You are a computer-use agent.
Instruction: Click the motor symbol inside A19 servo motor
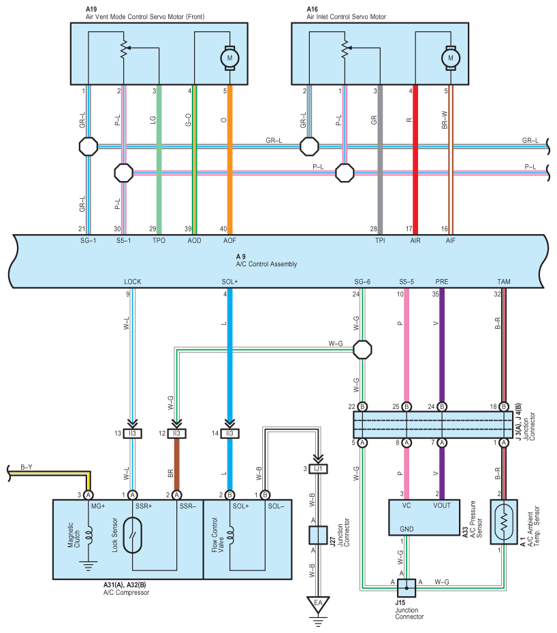click(229, 58)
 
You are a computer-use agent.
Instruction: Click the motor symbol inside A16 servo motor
click(450, 58)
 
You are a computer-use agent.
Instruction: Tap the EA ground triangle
click(318, 604)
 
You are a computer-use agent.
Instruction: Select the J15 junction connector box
click(407, 588)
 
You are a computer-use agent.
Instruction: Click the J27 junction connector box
click(318, 535)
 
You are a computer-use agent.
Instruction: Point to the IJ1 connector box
click(318, 469)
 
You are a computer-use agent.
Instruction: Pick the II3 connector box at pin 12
click(176, 434)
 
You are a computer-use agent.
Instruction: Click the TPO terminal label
click(159, 240)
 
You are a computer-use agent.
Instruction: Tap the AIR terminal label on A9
click(415, 240)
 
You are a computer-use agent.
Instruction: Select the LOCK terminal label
click(133, 282)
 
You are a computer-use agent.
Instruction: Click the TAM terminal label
click(504, 282)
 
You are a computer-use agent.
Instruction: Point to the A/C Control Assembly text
click(267, 264)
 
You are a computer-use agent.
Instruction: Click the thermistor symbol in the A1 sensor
click(504, 523)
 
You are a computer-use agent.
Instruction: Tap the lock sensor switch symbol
click(133, 535)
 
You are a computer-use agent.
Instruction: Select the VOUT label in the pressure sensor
click(441, 506)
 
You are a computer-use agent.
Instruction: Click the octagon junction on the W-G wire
click(362, 350)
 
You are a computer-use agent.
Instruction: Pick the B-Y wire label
click(27, 467)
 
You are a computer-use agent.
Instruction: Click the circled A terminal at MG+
click(88, 495)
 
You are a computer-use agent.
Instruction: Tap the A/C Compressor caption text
click(127, 593)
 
